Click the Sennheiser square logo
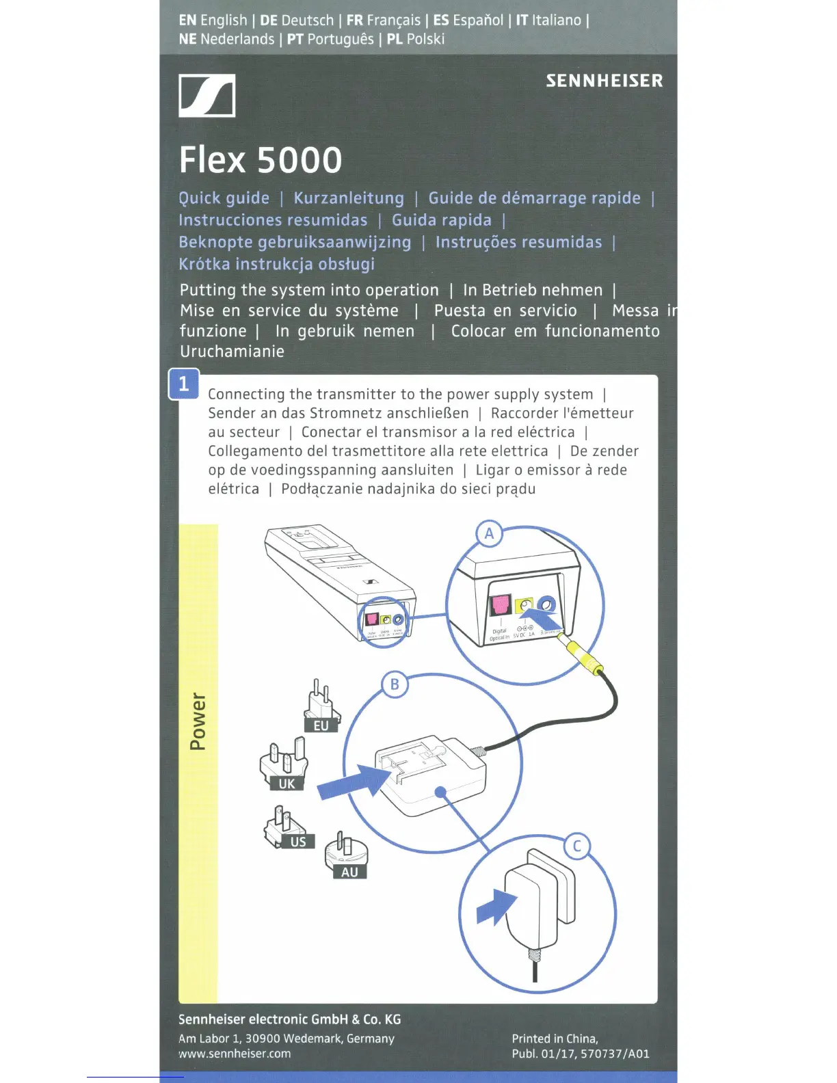[207, 96]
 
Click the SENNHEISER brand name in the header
[604, 81]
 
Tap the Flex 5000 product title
[261, 160]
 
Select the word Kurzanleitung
[349, 198]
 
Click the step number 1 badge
[183, 384]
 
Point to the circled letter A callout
[489, 533]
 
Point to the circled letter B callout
[395, 684]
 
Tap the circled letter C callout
[576, 846]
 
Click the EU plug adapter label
[321, 725]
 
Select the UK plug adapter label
[287, 784]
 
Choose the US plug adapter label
[298, 842]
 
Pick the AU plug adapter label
[349, 872]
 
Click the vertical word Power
[198, 721]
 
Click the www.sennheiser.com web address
[235, 1054]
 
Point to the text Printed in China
[555, 1039]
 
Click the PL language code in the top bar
[395, 39]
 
